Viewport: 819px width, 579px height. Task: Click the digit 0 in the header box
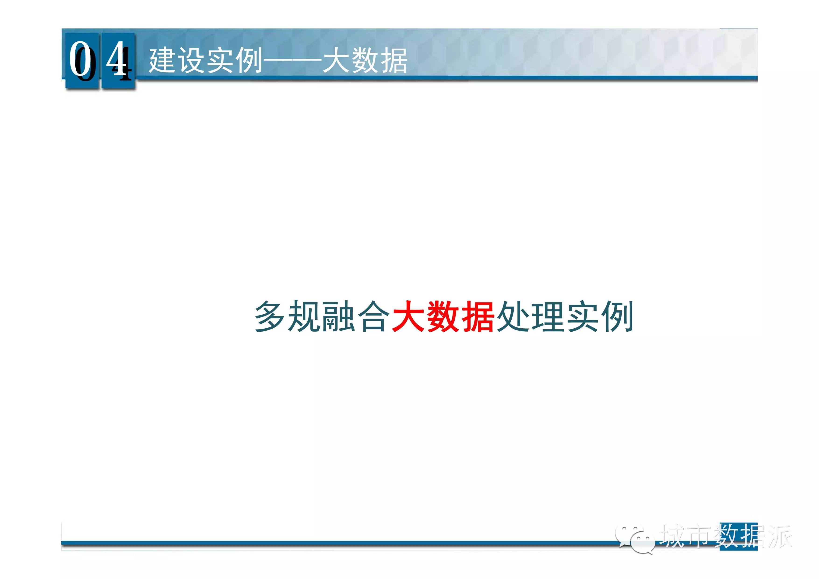click(x=80, y=60)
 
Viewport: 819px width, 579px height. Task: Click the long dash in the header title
click(x=292, y=61)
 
